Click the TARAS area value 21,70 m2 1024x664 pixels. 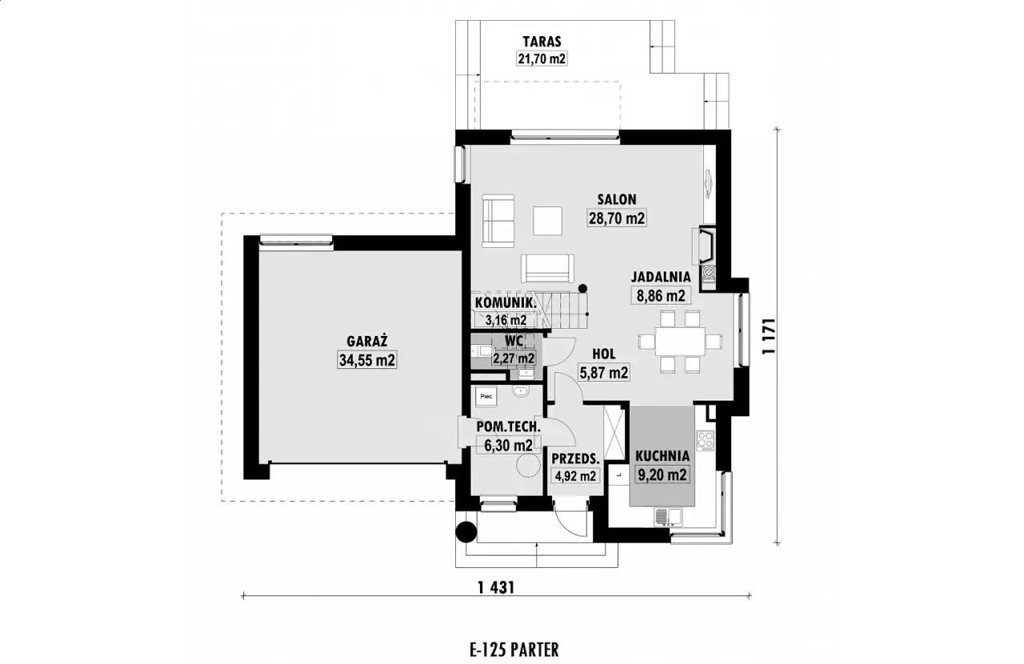click(542, 58)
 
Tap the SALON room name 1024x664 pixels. click(617, 199)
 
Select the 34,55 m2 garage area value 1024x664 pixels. click(366, 360)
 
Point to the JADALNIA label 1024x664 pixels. click(661, 277)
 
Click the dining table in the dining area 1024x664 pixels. click(680, 341)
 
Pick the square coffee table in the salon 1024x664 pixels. click(547, 221)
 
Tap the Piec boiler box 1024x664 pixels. click(486, 397)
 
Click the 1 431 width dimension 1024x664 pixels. click(496, 587)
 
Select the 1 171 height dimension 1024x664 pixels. click(769, 336)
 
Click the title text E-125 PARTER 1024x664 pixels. click(514, 650)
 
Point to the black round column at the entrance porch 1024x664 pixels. click(466, 532)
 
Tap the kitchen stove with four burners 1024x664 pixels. click(706, 440)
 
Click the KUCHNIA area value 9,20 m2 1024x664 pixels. click(662, 475)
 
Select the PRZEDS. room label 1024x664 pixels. click(575, 458)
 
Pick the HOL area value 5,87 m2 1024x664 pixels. click(603, 373)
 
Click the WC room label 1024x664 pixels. click(514, 341)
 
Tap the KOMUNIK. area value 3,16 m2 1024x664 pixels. click(506, 320)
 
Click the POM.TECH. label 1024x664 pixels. click(508, 426)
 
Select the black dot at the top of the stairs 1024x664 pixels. click(582, 289)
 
